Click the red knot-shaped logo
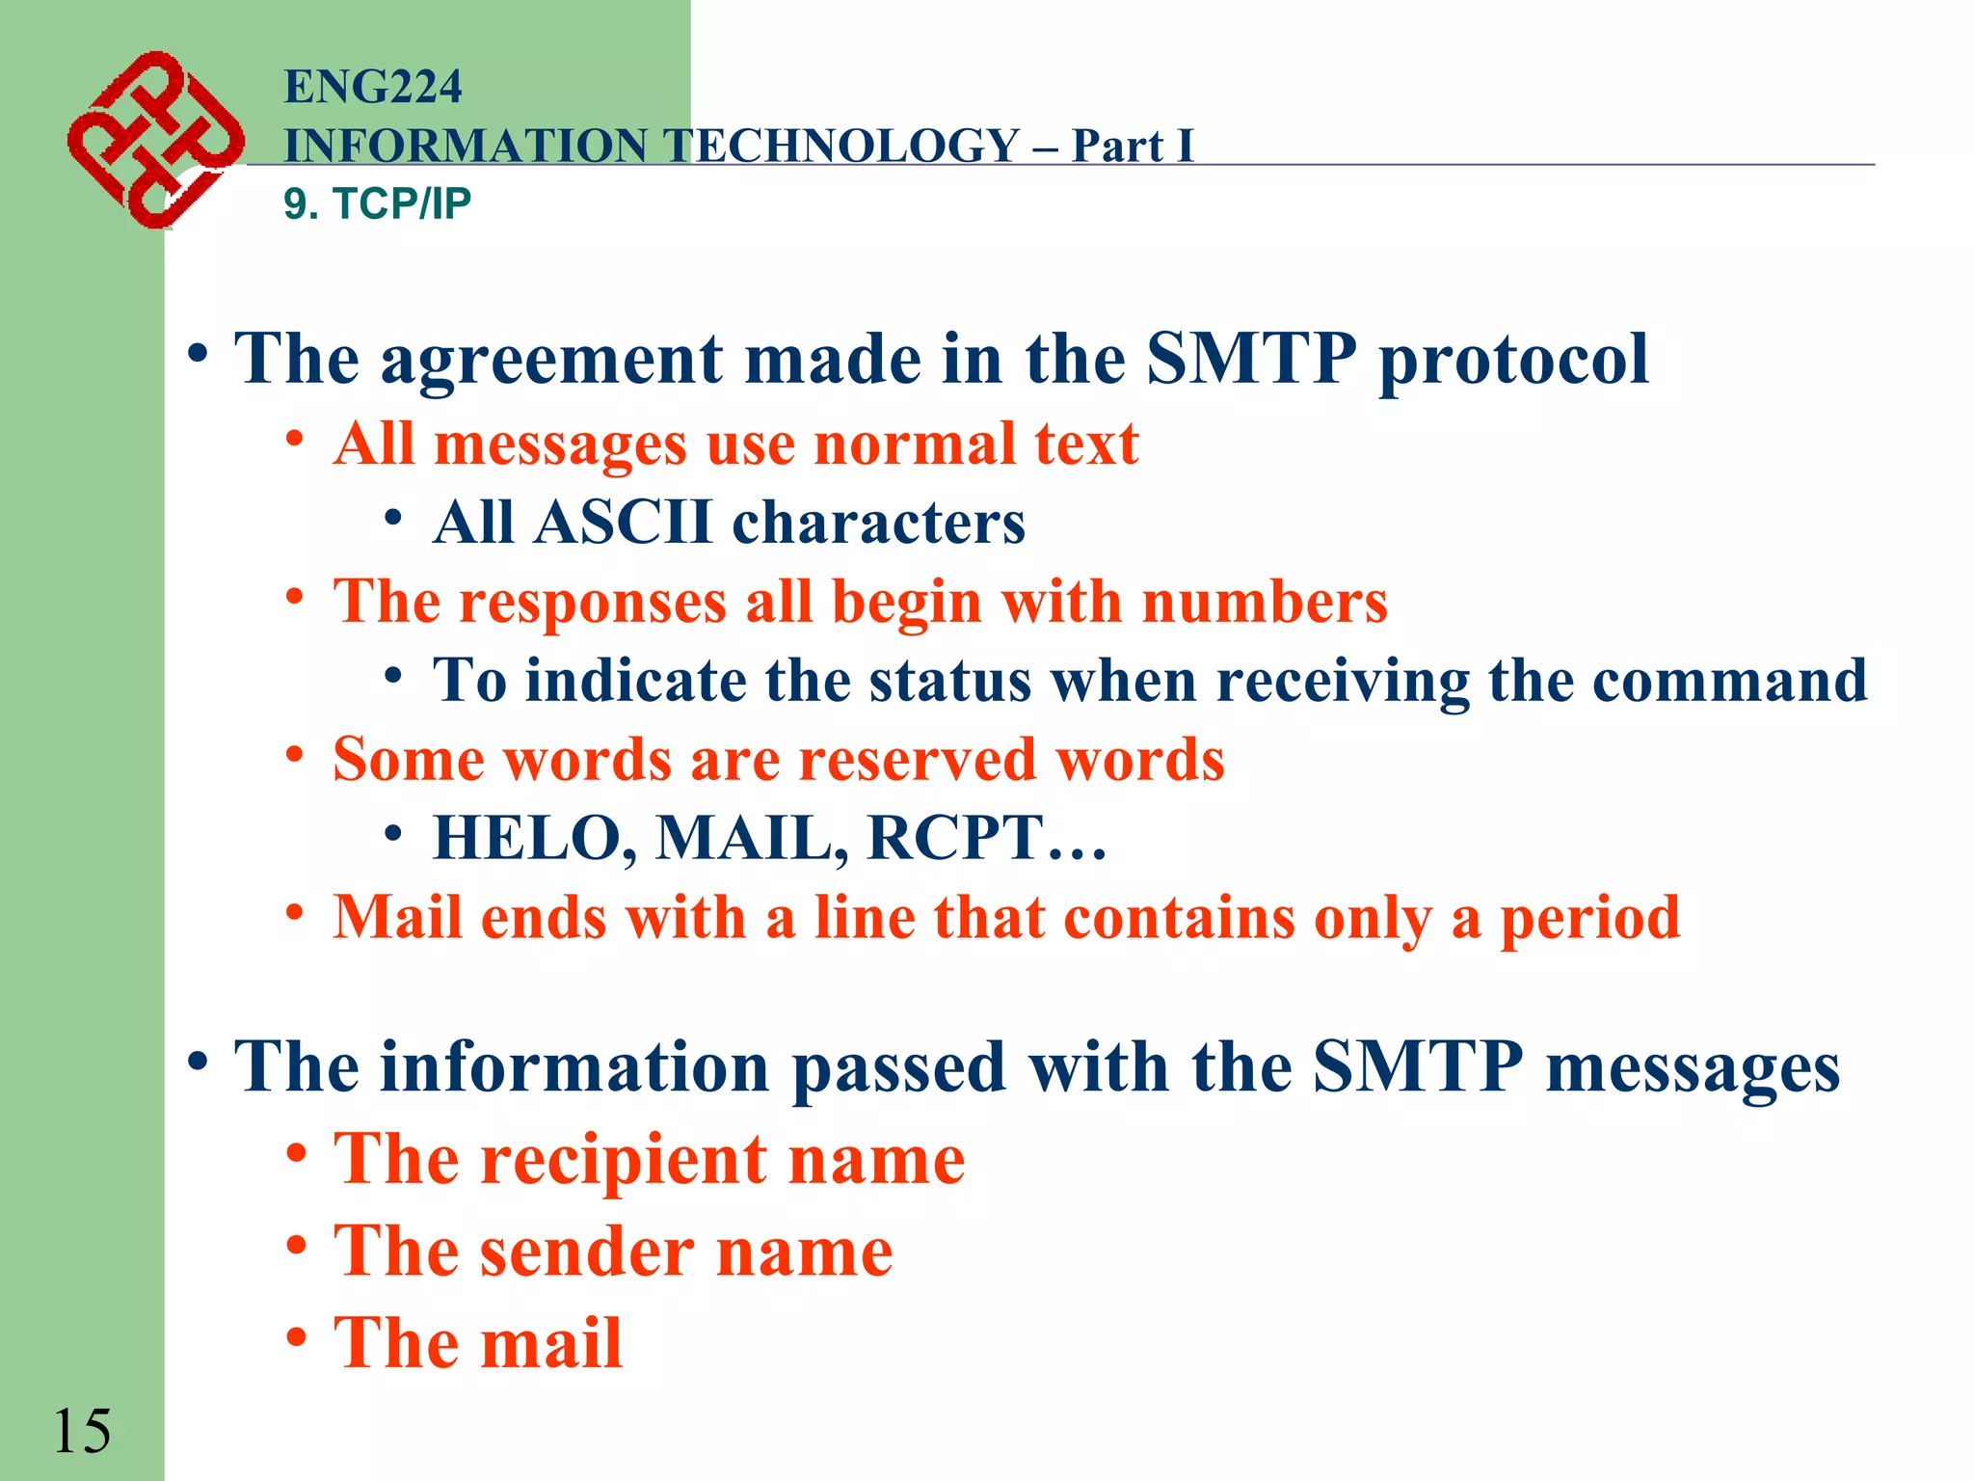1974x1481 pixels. [154, 140]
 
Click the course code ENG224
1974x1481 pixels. [373, 87]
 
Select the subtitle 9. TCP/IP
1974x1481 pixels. [377, 203]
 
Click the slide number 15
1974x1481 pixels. [81, 1431]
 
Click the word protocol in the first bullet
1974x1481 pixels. [1513, 360]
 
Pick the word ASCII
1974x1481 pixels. [624, 523]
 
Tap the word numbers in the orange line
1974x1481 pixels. [1264, 602]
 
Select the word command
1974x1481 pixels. [1729, 681]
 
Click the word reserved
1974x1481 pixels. [917, 760]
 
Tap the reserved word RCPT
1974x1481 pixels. [955, 838]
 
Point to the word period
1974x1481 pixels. [1589, 917]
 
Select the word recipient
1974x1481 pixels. [624, 1159]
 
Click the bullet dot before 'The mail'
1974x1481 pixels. [297, 1337]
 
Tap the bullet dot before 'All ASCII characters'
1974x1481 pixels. [392, 518]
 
